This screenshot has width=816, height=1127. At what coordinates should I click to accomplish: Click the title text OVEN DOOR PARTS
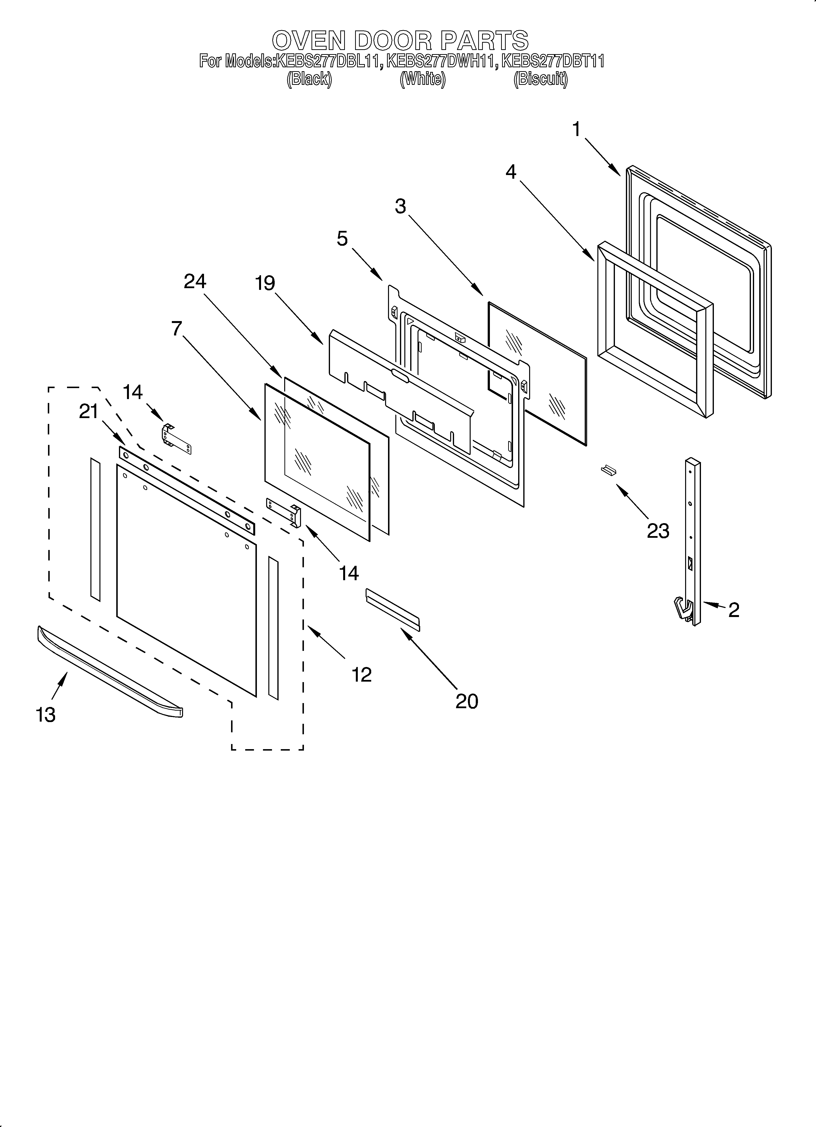click(400, 40)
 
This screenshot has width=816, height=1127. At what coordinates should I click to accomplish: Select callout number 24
click(195, 282)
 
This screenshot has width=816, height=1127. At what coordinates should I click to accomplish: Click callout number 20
click(467, 701)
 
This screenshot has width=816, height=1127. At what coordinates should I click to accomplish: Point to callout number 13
click(46, 715)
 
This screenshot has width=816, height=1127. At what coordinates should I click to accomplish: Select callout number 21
click(89, 412)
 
